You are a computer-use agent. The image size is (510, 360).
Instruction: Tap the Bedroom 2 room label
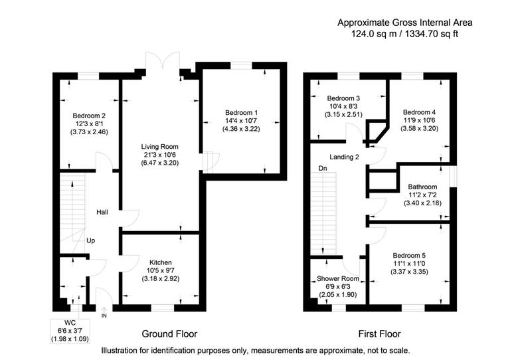89,115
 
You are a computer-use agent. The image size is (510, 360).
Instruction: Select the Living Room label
159,146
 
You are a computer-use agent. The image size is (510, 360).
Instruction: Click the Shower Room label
337,278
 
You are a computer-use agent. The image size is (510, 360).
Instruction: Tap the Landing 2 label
343,157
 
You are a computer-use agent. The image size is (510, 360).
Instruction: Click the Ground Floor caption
169,333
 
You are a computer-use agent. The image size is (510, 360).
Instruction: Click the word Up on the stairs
90,240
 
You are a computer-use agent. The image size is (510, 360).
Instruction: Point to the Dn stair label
322,169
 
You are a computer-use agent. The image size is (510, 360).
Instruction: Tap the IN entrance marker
104,316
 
